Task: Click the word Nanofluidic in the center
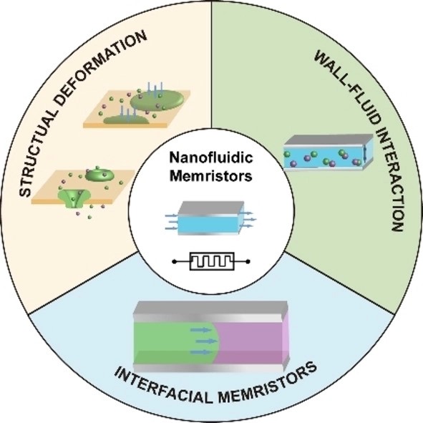211,157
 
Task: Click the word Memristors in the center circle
211,176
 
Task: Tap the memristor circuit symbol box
212,261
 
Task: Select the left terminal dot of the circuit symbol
175,261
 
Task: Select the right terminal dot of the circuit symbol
248,261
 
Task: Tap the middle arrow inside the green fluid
206,341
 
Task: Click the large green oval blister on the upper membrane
157,99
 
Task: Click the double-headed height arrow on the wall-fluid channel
365,154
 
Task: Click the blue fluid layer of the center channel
208,224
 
